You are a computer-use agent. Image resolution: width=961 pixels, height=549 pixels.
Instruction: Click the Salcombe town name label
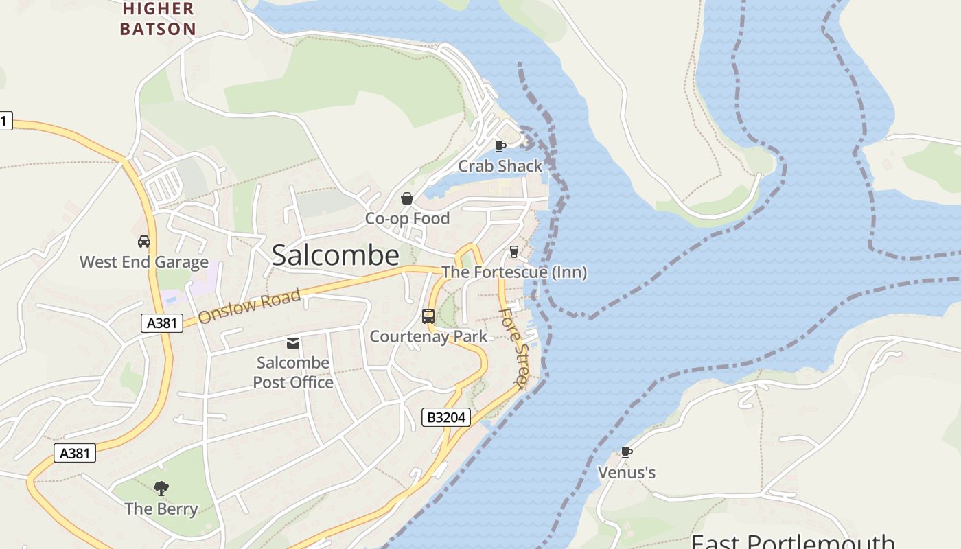[335, 255]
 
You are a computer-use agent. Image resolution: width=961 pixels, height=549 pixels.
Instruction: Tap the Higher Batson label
[158, 19]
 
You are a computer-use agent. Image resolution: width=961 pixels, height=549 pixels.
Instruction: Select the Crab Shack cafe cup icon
[500, 145]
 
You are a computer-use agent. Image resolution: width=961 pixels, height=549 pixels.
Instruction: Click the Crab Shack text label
[500, 166]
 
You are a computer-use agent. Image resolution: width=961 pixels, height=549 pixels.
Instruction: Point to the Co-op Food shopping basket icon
[407, 198]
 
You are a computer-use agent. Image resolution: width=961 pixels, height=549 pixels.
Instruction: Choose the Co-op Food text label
[407, 218]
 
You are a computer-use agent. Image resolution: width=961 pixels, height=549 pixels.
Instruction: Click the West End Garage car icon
[144, 242]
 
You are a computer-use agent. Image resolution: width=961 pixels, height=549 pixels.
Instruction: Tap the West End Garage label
[144, 262]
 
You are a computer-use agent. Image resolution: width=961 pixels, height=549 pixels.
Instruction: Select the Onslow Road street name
[250, 307]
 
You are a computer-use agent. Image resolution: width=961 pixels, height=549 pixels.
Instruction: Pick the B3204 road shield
[445, 417]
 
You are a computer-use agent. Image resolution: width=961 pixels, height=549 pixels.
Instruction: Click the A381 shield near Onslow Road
[162, 323]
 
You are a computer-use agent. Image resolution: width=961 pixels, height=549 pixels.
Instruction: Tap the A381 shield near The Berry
[75, 453]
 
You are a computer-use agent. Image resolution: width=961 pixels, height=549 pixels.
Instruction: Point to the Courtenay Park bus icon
[428, 316]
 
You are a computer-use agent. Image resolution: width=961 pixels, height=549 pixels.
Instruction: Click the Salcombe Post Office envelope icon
[293, 342]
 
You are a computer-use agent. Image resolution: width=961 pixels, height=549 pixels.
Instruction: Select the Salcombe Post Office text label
[293, 373]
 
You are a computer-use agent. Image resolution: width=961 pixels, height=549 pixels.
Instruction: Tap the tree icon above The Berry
[161, 489]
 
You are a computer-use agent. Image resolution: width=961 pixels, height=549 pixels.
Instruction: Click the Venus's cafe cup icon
[626, 452]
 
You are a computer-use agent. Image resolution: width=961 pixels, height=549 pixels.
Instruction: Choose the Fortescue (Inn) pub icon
[513, 252]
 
